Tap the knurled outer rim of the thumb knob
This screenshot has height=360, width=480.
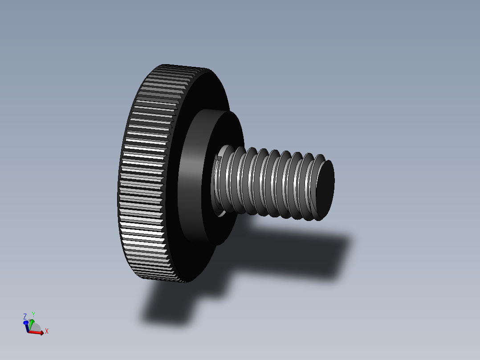[142, 178]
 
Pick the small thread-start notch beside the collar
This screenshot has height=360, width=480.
[218, 158]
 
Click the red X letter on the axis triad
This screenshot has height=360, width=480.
[46, 331]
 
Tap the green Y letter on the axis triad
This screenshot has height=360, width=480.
[33, 315]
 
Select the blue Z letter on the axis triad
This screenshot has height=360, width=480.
[25, 316]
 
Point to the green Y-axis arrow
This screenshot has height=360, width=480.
[32, 322]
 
